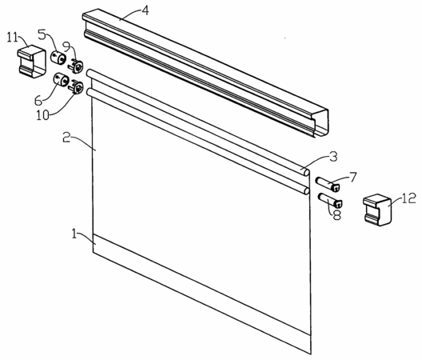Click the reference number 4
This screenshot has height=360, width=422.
[x=145, y=10]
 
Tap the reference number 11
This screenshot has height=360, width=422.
[x=12, y=38]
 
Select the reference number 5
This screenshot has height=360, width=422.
[x=42, y=34]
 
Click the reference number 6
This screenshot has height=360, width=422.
[x=38, y=101]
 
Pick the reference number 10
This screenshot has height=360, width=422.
[x=43, y=115]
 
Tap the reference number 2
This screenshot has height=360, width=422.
[x=66, y=137]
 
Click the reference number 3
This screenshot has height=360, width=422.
[x=333, y=157]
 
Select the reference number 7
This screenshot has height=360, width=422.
[x=352, y=177]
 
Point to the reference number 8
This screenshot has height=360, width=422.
[x=336, y=215]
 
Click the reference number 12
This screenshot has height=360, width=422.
[x=409, y=198]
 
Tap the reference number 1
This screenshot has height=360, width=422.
[x=74, y=234]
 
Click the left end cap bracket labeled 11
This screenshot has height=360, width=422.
[x=32, y=62]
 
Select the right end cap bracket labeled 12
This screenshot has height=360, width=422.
[x=377, y=210]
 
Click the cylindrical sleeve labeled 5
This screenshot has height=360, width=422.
[x=58, y=57]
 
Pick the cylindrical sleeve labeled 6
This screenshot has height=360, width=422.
[x=62, y=79]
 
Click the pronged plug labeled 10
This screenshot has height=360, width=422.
[x=76, y=86]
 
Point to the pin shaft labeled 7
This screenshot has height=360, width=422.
[x=328, y=184]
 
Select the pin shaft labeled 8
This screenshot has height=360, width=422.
[x=331, y=200]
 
